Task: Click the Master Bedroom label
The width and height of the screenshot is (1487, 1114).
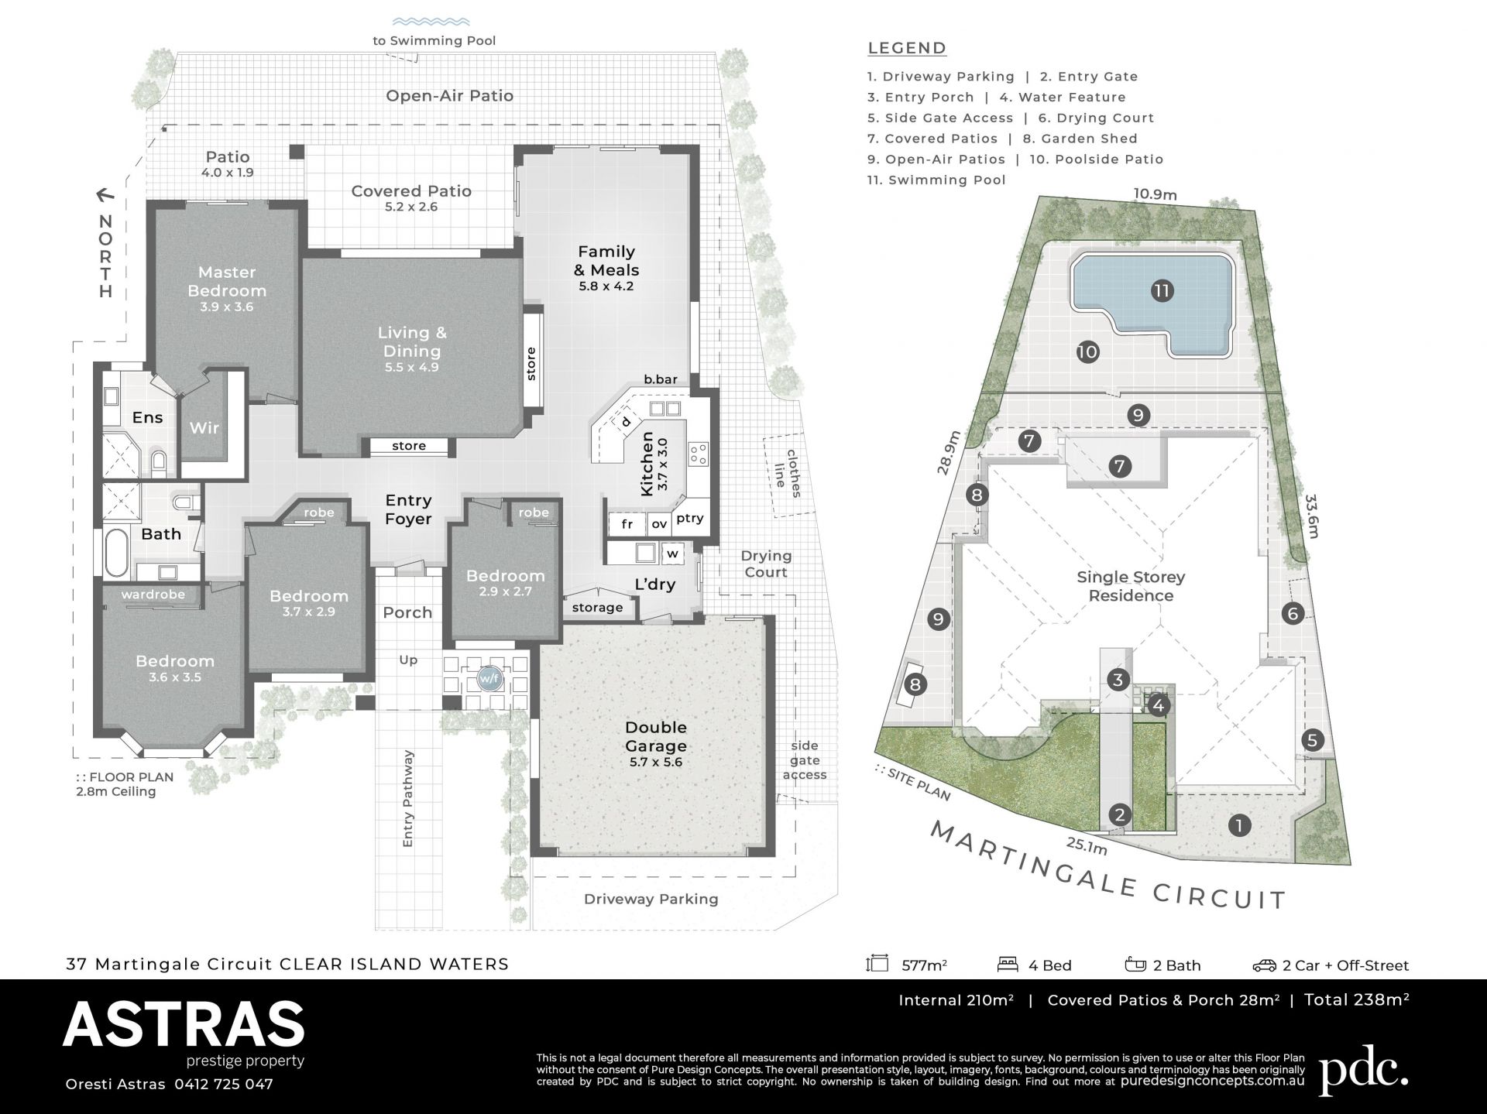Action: click(x=227, y=282)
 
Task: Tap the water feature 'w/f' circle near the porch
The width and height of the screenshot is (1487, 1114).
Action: click(x=489, y=679)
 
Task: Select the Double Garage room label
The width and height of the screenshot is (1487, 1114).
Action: click(x=656, y=736)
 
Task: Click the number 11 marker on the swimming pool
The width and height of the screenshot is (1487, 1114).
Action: click(x=1162, y=291)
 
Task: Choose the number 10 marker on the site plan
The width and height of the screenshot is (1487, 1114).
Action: click(x=1087, y=352)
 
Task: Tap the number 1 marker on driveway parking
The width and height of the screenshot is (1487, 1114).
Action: click(x=1239, y=825)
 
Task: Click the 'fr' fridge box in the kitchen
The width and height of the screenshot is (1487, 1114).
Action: click(x=627, y=524)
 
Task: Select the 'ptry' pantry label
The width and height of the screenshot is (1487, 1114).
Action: click(x=689, y=519)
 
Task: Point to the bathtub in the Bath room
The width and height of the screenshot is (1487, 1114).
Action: click(x=115, y=553)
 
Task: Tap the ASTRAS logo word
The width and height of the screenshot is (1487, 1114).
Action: click(x=184, y=1024)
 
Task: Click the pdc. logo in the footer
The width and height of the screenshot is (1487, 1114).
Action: click(x=1364, y=1069)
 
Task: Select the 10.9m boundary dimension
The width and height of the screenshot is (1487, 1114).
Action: click(x=1155, y=194)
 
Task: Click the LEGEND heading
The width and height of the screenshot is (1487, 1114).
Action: click(x=907, y=48)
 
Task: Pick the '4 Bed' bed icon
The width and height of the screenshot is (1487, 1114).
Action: click(x=1008, y=965)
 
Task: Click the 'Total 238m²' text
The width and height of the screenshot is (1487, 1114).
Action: click(x=1356, y=999)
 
